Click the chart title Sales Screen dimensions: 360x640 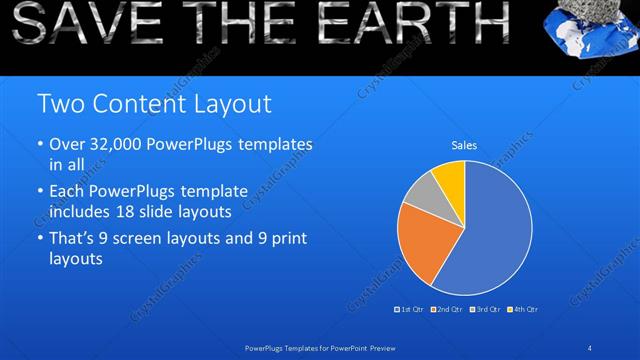(x=464, y=146)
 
